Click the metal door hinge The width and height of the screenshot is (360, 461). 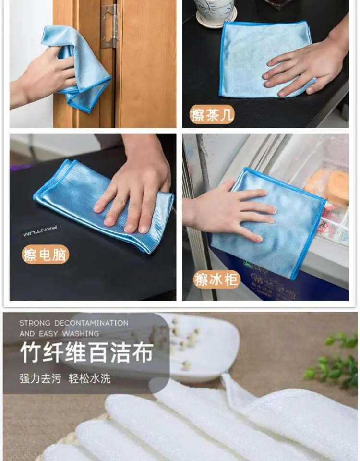pos(109,26)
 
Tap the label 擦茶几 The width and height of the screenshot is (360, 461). pos(212,114)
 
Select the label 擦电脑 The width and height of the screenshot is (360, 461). pos(45,255)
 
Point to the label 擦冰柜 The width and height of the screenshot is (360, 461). pos(217,279)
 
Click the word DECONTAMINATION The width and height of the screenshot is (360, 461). pos(91,323)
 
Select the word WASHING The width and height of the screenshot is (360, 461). pos(81,334)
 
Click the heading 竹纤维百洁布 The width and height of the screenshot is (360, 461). pos(87,352)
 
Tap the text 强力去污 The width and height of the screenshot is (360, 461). pos(40,378)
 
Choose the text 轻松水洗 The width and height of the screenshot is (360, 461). pos(90,378)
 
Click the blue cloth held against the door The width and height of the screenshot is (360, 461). pos(77,68)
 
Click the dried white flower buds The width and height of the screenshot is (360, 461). pos(179,341)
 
